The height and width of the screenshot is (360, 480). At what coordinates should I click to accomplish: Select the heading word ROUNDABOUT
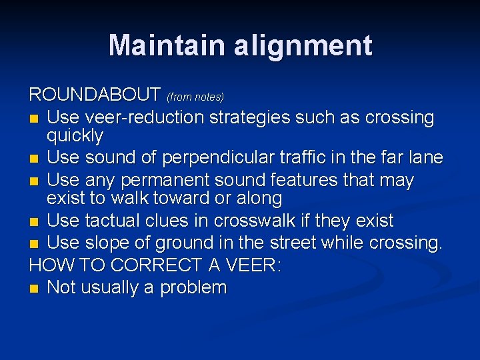tap(95, 95)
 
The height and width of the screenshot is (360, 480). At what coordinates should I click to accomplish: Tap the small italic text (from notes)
tap(195, 97)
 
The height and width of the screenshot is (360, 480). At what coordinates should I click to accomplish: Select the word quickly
tap(75, 137)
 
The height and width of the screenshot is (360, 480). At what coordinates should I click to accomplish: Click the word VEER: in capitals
tap(251, 265)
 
